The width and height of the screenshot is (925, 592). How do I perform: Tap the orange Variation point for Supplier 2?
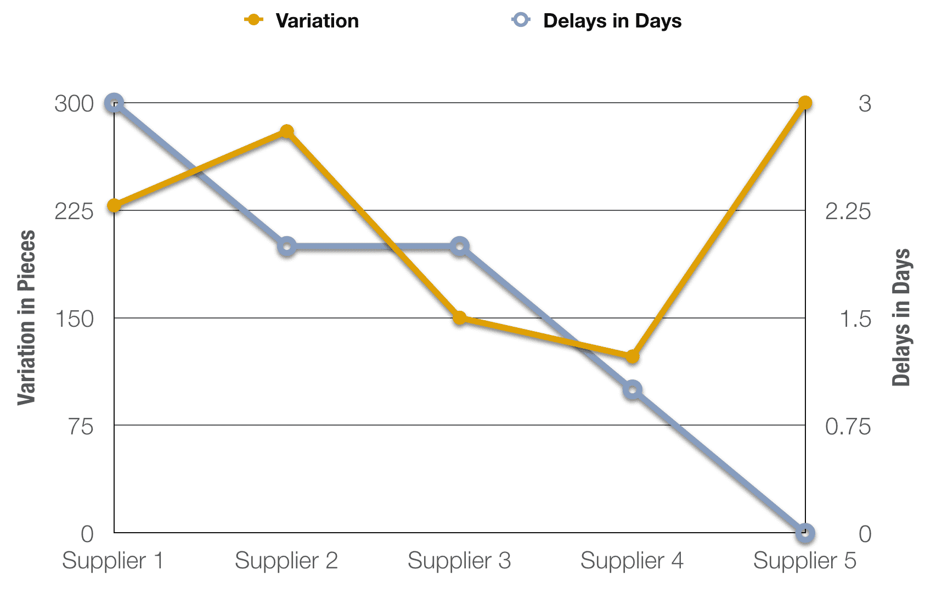[286, 132]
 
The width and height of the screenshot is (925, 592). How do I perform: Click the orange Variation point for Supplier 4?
[632, 357]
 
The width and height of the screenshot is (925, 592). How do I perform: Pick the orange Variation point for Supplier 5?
[805, 103]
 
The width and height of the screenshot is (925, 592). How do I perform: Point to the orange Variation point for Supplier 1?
[114, 206]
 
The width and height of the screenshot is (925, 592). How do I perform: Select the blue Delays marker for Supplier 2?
[286, 247]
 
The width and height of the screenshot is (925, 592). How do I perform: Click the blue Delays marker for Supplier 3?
[460, 247]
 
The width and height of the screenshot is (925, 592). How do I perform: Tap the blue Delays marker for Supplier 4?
[632, 390]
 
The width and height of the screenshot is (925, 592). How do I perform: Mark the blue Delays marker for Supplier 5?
[805, 533]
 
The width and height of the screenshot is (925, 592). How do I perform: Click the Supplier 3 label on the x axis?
[459, 561]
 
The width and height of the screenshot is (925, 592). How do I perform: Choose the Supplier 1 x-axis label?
[113, 561]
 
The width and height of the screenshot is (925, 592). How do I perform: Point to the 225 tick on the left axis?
[74, 211]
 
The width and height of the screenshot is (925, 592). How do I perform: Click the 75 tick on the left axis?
[81, 426]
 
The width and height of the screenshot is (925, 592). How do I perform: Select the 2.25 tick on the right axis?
[848, 211]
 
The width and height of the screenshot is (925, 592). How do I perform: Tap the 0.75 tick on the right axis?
[848, 426]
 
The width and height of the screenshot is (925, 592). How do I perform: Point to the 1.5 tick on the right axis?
[855, 319]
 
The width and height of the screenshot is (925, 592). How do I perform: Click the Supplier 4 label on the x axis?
[632, 561]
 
